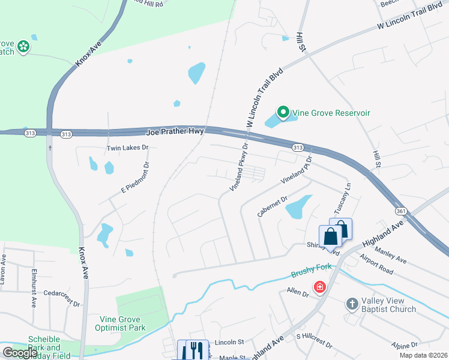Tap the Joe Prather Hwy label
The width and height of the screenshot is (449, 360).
click(x=176, y=131)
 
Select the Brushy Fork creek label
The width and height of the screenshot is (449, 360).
click(x=307, y=273)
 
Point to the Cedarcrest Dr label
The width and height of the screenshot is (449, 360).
click(x=61, y=304)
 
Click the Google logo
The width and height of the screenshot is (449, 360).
click(x=20, y=352)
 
